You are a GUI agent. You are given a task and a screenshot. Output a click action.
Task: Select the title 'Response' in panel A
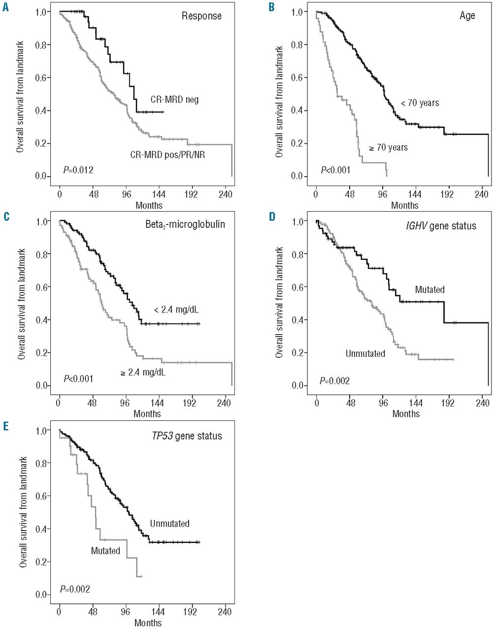(201, 16)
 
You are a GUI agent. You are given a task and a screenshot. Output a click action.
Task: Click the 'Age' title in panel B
(467, 16)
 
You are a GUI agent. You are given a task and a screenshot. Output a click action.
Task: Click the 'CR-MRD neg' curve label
(174, 100)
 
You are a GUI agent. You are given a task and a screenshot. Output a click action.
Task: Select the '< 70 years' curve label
(420, 103)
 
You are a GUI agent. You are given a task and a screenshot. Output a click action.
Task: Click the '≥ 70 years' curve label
(389, 147)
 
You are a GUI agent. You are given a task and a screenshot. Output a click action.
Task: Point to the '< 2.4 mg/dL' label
(176, 310)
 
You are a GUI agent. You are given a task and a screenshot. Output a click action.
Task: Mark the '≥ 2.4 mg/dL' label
(143, 373)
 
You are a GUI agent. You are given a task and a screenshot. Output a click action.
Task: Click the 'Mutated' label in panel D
(429, 289)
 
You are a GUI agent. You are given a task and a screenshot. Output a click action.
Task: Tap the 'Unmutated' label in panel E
(169, 524)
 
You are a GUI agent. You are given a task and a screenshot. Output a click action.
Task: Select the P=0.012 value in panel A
(78, 170)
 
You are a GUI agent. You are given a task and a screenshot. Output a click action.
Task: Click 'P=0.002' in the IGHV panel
(335, 380)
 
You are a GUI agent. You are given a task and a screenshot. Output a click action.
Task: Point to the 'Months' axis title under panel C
(147, 414)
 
